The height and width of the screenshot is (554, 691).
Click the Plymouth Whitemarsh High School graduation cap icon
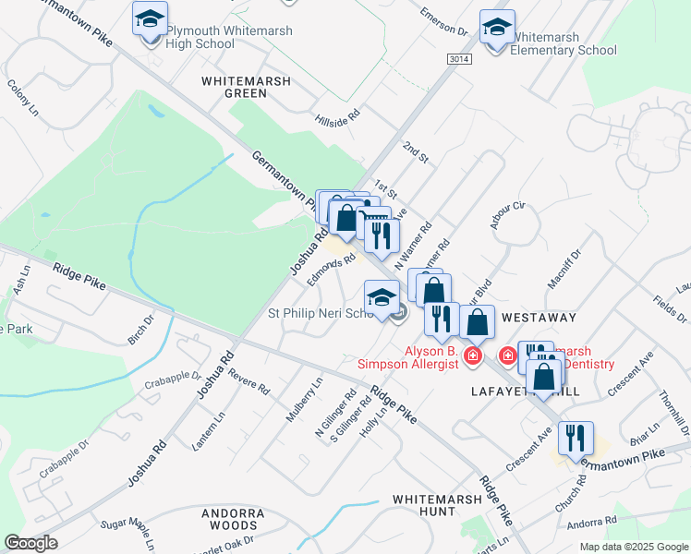148,18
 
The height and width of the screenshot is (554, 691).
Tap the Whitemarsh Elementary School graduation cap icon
497,27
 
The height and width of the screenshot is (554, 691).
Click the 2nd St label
416,153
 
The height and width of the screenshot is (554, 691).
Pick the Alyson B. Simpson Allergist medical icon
473,355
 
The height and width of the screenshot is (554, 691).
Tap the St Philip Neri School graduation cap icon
381,297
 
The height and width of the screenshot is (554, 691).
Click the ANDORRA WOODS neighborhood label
233,519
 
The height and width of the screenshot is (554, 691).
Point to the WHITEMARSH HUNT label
436,504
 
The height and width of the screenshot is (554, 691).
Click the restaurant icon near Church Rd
575,438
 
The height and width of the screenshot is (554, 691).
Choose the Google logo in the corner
30,543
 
